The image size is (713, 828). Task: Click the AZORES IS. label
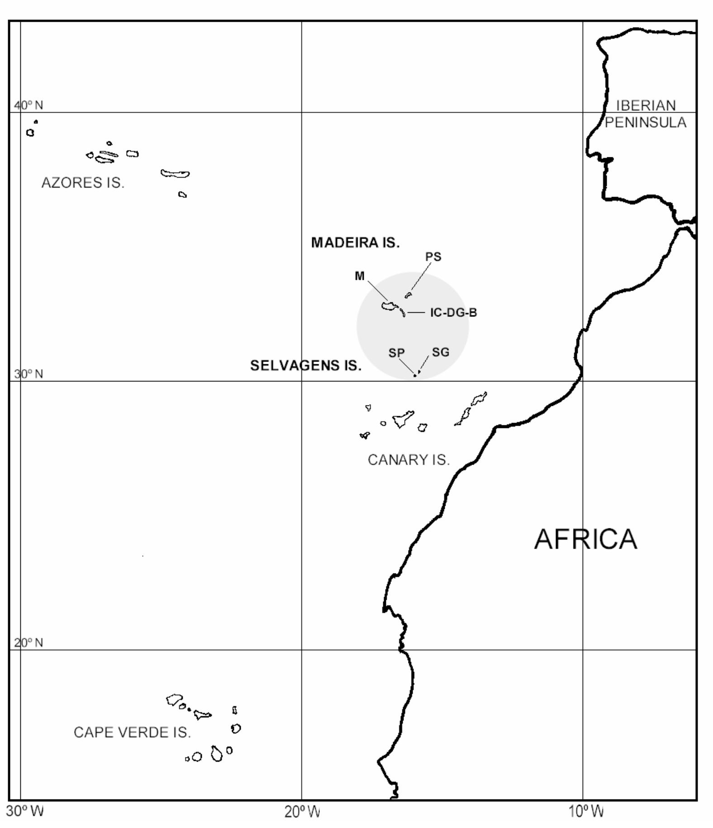click(83, 183)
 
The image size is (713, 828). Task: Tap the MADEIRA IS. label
click(355, 243)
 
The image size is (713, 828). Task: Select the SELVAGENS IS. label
click(306, 366)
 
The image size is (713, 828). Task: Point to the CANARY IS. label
click(409, 460)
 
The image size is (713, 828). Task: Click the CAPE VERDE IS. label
click(132, 733)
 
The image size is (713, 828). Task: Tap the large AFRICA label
click(585, 539)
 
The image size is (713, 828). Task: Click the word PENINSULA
click(646, 122)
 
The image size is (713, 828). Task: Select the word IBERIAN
click(646, 106)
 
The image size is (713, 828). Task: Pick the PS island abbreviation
click(433, 257)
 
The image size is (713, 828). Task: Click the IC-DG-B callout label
click(453, 313)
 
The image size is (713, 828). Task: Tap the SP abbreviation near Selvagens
click(396, 353)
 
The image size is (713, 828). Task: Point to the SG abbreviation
click(441, 352)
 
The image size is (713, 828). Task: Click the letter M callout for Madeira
click(360, 276)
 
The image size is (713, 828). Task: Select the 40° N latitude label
click(29, 106)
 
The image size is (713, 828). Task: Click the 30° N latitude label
click(29, 374)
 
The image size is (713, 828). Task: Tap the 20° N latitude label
click(29, 643)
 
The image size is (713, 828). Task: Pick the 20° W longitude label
click(302, 812)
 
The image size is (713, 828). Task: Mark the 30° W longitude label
click(25, 811)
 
